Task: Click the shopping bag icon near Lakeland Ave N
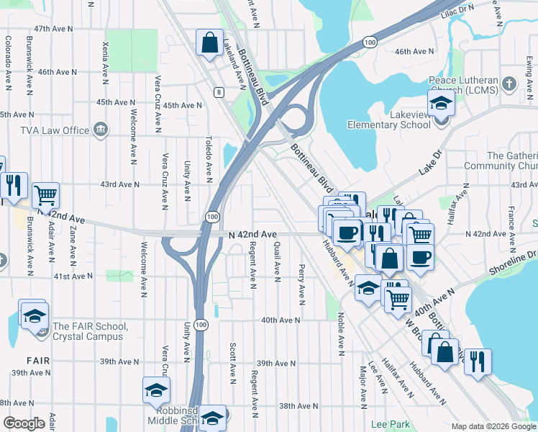coord(209,42)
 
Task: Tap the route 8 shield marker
coord(218,91)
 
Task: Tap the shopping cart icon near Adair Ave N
coord(45,194)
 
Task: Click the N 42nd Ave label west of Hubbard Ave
coord(252,235)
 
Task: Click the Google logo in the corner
coord(24,423)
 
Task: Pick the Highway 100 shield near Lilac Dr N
coord(370,43)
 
